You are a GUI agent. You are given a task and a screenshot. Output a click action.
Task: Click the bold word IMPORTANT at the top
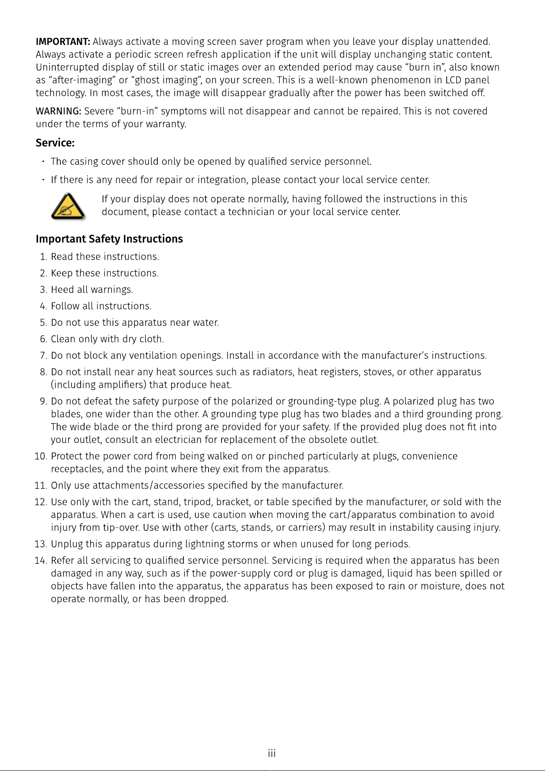tap(63, 42)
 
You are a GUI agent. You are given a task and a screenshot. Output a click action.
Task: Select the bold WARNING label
tap(59, 111)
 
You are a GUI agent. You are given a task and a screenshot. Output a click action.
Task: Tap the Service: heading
tap(55, 143)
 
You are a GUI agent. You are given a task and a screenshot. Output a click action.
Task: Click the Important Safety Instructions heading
tap(109, 239)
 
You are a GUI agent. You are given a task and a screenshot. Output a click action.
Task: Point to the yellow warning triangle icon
tap(68, 207)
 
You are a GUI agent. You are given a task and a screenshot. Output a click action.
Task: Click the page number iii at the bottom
tap(272, 753)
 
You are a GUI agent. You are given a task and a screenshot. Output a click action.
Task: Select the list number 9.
tap(43, 401)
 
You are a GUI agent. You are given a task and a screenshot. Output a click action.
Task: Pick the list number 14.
tap(41, 561)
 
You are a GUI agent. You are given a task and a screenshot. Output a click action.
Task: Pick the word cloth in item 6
tap(151, 339)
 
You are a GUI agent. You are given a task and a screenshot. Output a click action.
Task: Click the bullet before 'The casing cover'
tap(43, 162)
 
